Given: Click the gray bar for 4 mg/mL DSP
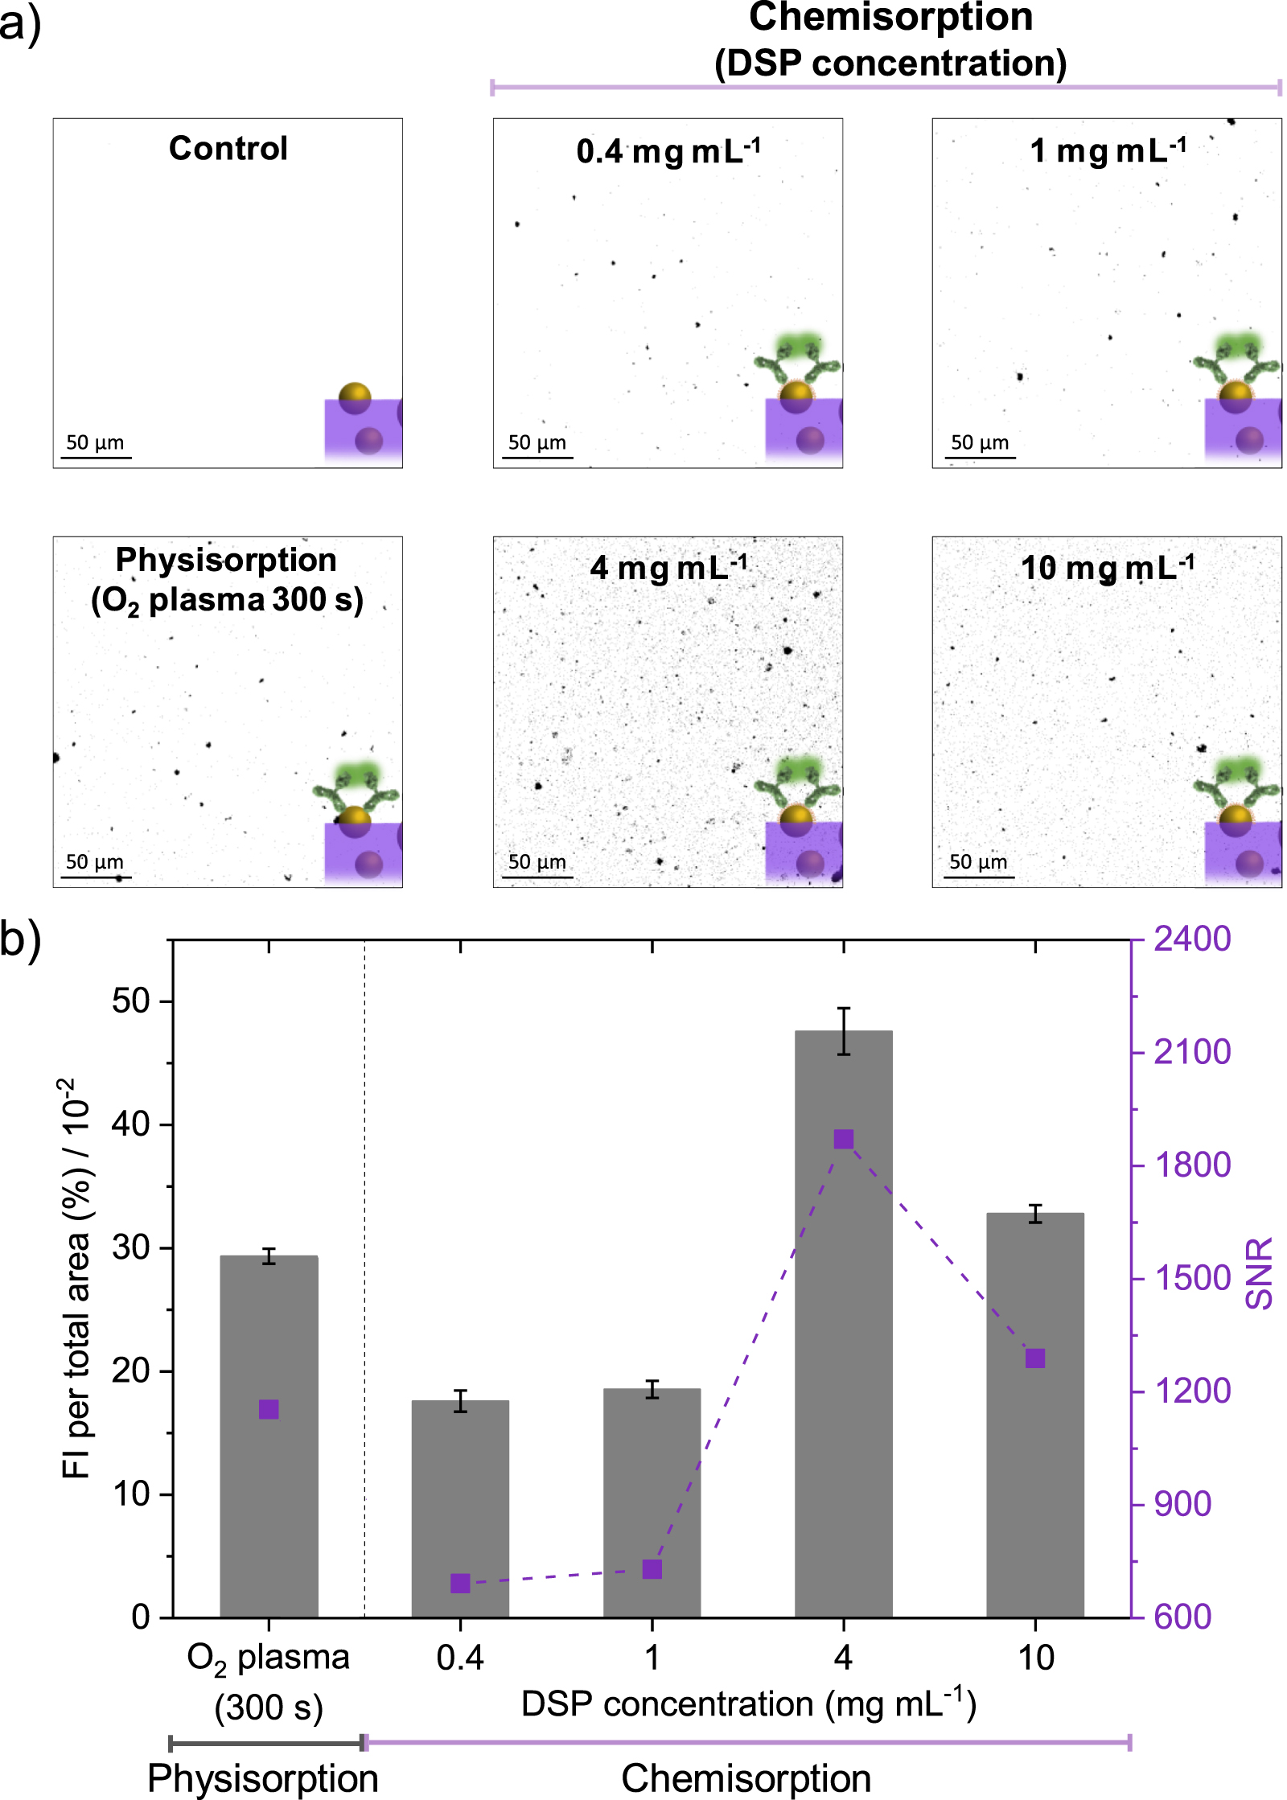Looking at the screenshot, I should coord(843,1367).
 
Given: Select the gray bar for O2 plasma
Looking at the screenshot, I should coord(269,1488).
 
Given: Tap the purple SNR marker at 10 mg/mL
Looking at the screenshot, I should coord(1035,1358).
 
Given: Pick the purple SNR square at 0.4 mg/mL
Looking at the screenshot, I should coord(460,1583).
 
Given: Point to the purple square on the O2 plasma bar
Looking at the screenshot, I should coord(269,1409).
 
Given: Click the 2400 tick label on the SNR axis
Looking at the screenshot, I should coord(1191,939).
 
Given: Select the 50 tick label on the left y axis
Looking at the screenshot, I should coord(131,1001).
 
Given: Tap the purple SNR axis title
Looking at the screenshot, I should coord(1259,1274).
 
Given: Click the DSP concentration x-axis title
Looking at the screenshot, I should coord(748,1704).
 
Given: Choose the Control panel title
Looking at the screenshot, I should coord(228,148).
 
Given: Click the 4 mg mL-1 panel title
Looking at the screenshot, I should coord(668,568).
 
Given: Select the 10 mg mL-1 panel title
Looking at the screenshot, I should coord(1107,568).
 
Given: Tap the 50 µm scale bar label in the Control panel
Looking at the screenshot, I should coord(95,442).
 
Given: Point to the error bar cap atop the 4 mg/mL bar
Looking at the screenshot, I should coord(843,1008).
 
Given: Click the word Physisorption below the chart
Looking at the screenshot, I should coord(263,1778).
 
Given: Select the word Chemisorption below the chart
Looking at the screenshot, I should coord(746,1778).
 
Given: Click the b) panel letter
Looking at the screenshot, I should coord(20,939).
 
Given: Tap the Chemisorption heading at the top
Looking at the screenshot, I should coord(890,18).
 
